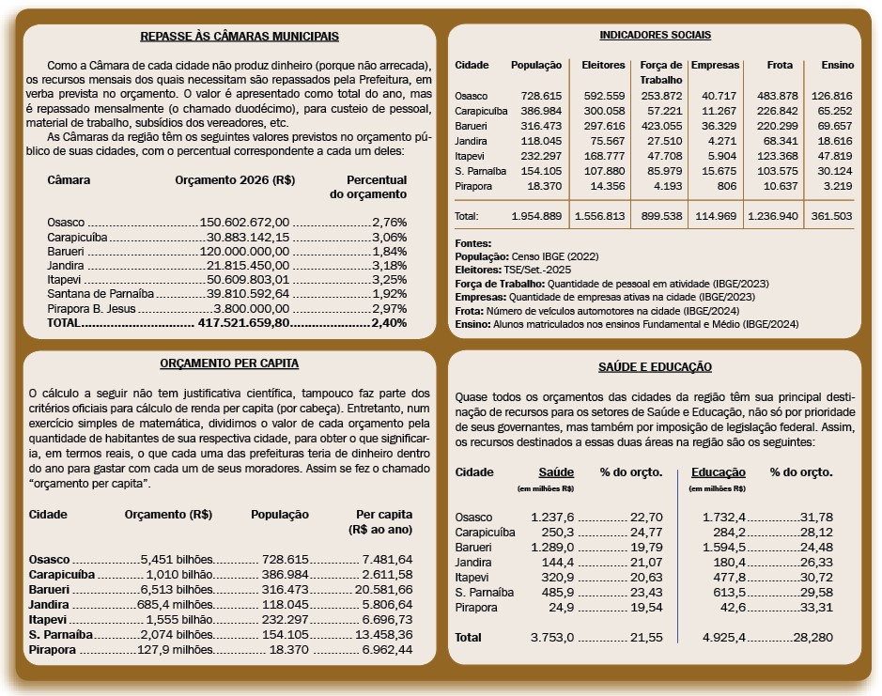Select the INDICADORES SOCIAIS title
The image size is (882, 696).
(655, 35)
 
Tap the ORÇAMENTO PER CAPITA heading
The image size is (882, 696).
(230, 363)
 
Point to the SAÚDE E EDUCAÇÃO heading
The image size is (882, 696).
(655, 367)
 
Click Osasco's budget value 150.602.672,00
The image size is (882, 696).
(245, 223)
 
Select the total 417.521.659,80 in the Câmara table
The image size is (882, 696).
(244, 323)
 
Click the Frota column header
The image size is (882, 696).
(780, 65)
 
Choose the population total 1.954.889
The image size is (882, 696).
(536, 216)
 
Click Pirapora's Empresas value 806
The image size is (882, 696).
(727, 185)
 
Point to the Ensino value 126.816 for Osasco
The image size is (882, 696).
(831, 96)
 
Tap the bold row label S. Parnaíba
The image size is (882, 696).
(60, 635)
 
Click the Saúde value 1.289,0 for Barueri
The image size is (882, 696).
(552, 547)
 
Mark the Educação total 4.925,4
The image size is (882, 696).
(722, 638)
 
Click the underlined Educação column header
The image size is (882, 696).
(718, 472)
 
